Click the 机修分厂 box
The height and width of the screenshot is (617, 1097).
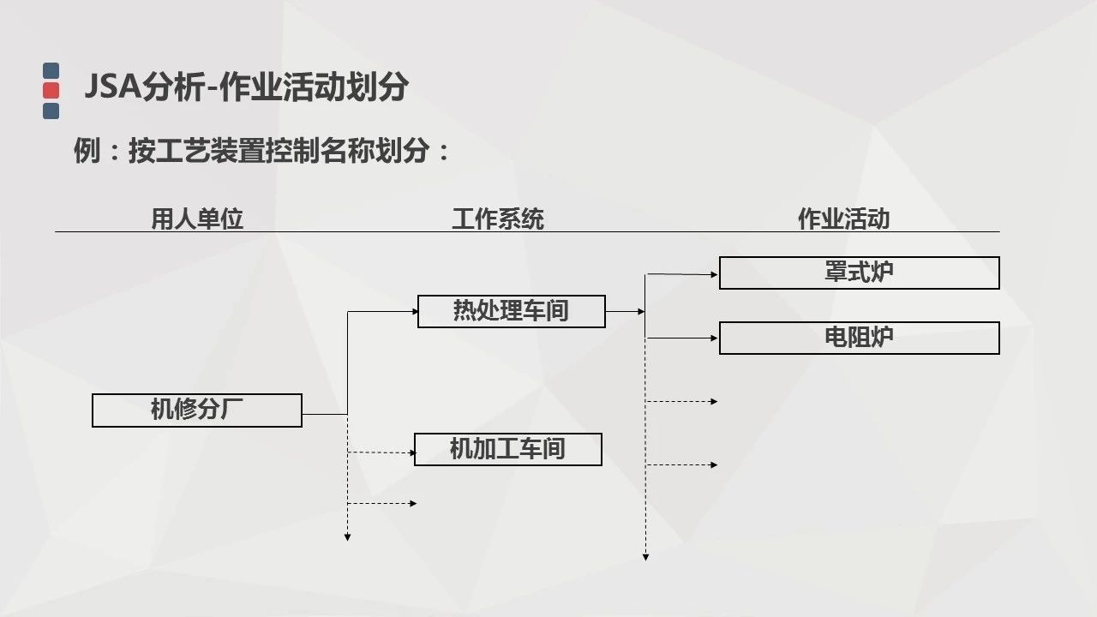click(x=197, y=410)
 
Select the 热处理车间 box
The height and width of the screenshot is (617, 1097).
click(x=511, y=311)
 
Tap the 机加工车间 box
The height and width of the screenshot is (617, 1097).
click(x=507, y=449)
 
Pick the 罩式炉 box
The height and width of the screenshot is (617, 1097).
click(x=859, y=273)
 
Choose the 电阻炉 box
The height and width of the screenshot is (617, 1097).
click(x=859, y=338)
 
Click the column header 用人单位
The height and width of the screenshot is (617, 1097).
click(x=197, y=219)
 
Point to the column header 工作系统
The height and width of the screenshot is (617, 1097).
click(x=498, y=219)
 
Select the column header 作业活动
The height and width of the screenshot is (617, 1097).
click(x=843, y=219)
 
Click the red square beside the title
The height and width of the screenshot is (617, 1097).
click(x=51, y=90)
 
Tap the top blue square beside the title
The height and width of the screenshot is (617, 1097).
click(x=51, y=70)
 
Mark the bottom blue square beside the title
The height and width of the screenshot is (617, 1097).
click(x=51, y=111)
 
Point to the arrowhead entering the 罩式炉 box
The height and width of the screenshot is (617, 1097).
click(x=714, y=275)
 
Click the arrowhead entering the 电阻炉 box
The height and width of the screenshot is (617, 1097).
click(x=714, y=338)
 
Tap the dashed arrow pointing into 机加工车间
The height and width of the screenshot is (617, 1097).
click(x=381, y=452)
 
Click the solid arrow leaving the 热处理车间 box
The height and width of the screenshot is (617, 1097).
click(x=625, y=312)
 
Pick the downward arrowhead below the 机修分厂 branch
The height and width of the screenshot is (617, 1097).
click(x=347, y=537)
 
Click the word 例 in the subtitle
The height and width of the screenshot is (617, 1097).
click(x=87, y=152)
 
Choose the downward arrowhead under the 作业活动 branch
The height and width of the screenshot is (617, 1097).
click(x=645, y=557)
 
